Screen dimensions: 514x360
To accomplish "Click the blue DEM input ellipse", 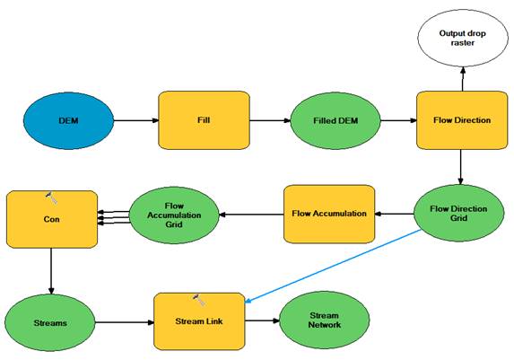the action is click(68, 121).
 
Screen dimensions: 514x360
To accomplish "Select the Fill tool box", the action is click(204, 120).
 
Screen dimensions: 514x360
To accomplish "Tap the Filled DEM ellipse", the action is click(335, 121).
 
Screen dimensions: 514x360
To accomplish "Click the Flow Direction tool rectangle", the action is click(462, 120).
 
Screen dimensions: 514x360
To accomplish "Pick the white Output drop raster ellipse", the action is click(463, 38).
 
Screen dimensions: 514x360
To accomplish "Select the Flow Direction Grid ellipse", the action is click(459, 214).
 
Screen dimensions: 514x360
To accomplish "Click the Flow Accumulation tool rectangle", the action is click(329, 214).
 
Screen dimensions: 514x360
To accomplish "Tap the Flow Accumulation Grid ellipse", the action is click(174, 215).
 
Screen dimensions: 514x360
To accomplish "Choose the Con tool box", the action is click(52, 219).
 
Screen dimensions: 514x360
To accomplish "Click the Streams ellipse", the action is click(50, 323).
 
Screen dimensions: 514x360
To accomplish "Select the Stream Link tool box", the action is click(199, 321).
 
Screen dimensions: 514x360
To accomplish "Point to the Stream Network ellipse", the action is click(325, 320).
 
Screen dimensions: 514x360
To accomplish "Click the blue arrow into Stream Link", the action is click(333, 266).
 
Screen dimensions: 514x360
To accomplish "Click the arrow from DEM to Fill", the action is click(136, 120).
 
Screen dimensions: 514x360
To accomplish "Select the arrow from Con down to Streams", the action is click(51, 271).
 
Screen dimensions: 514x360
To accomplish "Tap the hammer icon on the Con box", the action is click(52, 198).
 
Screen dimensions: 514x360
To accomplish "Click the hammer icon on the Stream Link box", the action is click(199, 300).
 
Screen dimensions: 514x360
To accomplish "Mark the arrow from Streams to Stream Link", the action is click(125, 322).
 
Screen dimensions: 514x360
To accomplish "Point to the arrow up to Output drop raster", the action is click(463, 79).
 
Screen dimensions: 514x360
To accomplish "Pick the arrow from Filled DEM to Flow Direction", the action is click(398, 120).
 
